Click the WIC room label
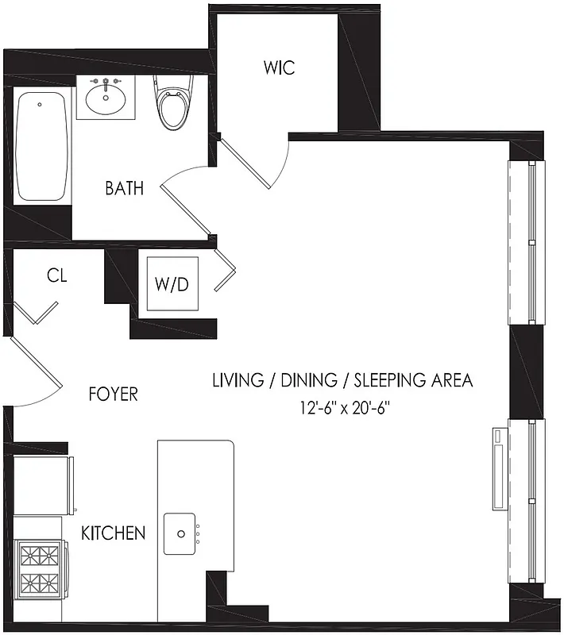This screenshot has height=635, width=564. coord(279,68)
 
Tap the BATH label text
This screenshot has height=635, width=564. coord(125,189)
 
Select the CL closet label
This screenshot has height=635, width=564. coord(56,276)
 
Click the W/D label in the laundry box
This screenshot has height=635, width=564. coord(171,284)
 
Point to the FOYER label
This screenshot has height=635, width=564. coord(113,394)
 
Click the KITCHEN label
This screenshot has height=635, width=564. coord(114,533)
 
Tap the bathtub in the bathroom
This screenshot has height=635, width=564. coord(41,146)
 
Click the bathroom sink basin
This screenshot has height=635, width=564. coord(105,99)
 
